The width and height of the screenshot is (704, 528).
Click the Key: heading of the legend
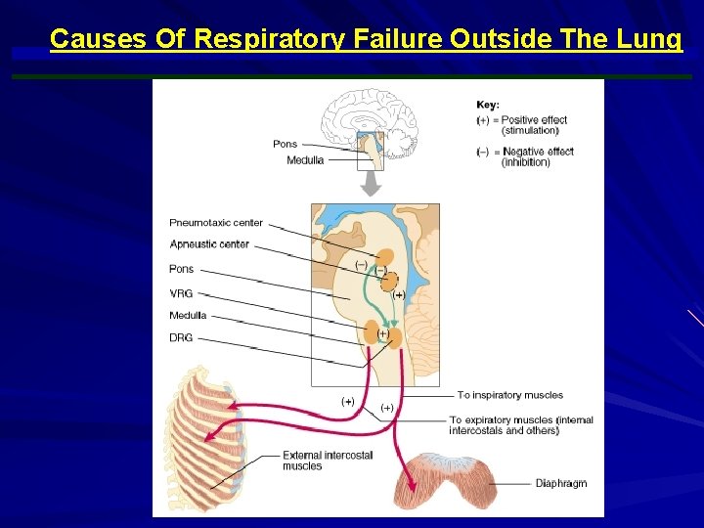pos(488,105)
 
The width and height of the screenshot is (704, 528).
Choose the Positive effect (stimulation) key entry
pos(528,125)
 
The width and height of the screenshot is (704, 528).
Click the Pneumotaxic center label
pos(216,223)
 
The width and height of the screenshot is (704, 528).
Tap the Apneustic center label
pos(209,244)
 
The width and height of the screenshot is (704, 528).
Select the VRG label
pos(181,291)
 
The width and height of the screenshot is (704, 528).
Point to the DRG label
pos(181,338)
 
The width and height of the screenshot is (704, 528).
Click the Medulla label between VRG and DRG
pos(189,316)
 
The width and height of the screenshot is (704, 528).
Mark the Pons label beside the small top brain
pos(285,145)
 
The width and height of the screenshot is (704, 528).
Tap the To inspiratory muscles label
pos(509,395)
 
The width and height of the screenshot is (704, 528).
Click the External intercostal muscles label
pos(315,461)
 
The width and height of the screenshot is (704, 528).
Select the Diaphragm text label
pos(560,484)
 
